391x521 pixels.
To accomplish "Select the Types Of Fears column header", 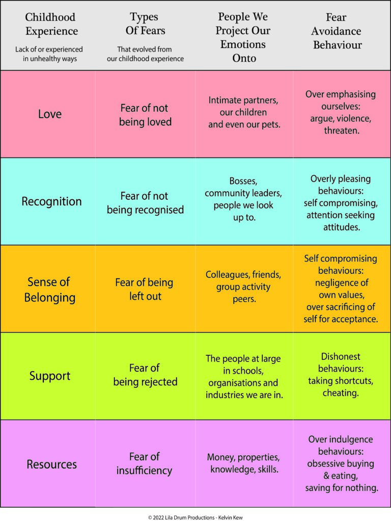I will pyautogui.click(x=145, y=24).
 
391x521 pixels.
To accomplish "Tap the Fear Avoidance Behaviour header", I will pyautogui.click(x=338, y=32).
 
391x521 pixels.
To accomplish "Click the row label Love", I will pyautogui.click(x=50, y=114).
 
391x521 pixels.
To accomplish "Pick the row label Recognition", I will pyautogui.click(x=51, y=201).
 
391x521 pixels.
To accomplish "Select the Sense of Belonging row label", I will pyautogui.click(x=49, y=290).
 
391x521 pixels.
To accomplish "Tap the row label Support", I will pyautogui.click(x=50, y=376).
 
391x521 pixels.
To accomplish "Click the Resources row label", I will pyautogui.click(x=51, y=464).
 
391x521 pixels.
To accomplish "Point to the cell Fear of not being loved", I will pyautogui.click(x=145, y=115).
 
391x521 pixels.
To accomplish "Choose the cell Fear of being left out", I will pyautogui.click(x=145, y=289).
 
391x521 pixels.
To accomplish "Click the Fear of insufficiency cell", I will pyautogui.click(x=145, y=463).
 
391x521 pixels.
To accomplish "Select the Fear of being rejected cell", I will pyautogui.click(x=145, y=375).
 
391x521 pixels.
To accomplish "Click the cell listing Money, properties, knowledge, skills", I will pyautogui.click(x=243, y=463).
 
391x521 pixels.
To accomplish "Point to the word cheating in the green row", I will pyautogui.click(x=341, y=393).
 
